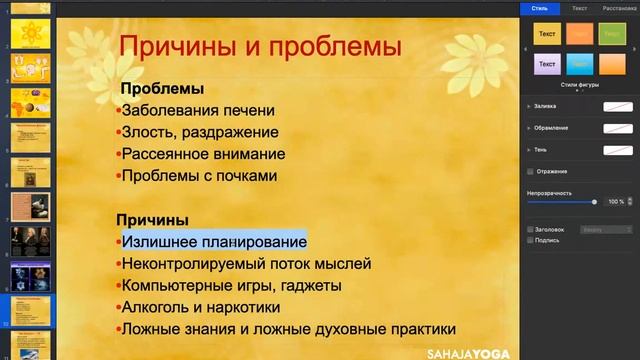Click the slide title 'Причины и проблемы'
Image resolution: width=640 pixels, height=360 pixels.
(x=260, y=46)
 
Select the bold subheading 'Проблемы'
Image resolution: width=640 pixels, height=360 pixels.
(x=162, y=89)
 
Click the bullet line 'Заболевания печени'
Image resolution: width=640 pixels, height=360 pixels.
(x=197, y=111)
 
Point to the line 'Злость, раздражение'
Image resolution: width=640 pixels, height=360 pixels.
(x=199, y=132)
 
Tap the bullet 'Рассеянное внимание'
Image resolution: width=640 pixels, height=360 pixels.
(x=203, y=154)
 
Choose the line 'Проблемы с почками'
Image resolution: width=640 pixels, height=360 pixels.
(x=198, y=176)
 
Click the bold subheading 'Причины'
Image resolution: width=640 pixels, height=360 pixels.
(x=153, y=220)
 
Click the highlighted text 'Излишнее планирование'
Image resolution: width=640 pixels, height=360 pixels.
(x=214, y=242)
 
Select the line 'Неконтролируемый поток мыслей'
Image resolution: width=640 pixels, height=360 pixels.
(x=246, y=264)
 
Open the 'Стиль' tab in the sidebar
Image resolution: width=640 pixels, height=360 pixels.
(x=540, y=8)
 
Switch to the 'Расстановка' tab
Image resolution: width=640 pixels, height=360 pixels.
(x=617, y=8)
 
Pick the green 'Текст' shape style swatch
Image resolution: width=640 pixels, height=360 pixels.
(x=612, y=34)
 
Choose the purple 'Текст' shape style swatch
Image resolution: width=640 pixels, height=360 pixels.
(x=547, y=65)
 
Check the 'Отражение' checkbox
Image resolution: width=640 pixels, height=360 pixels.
(x=530, y=171)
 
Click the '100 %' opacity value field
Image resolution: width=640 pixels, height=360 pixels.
(x=615, y=201)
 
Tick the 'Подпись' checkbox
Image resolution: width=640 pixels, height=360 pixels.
(x=530, y=240)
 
